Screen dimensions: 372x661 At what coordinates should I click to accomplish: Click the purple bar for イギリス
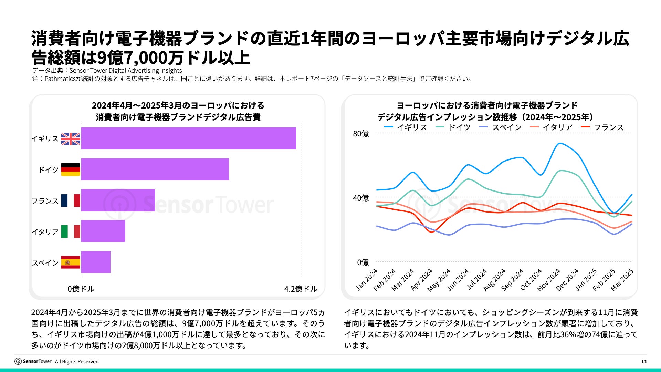pos(188,138)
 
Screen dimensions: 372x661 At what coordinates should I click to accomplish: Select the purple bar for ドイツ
pos(155,169)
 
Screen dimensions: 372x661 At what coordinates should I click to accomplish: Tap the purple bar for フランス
pos(118,200)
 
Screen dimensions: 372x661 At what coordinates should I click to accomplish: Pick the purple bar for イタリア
pos(103,231)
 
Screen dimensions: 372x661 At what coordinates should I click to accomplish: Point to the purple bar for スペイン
pos(96,262)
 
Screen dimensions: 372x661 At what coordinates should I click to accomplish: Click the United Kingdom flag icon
pos(71,139)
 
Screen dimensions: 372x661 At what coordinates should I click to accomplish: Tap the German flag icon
pos(71,169)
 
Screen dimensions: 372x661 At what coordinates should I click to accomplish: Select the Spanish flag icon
pos(71,262)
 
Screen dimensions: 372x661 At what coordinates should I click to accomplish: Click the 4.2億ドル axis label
pos(301,289)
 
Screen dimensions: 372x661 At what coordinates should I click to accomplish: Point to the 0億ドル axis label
pos(81,289)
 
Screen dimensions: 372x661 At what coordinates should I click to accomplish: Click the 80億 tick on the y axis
pos(361,134)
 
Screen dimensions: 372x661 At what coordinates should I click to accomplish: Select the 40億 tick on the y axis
pos(361,198)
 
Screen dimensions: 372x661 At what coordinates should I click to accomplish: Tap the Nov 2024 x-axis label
pos(549,280)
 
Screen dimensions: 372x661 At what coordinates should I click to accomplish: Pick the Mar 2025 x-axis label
pos(622,280)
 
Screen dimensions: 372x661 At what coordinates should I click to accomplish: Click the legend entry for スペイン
pos(501,127)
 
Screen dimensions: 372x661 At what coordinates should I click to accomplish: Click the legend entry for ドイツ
pos(453,127)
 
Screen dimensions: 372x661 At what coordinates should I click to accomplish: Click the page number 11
pos(644,362)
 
